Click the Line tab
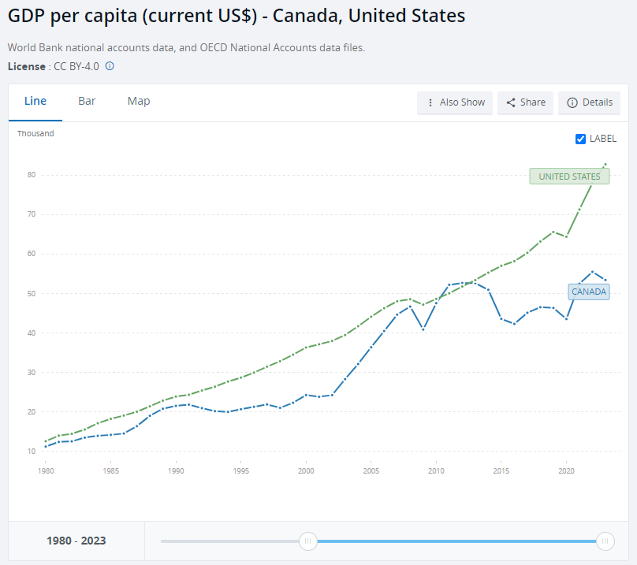[35, 102]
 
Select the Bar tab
[87, 102]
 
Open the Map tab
[139, 102]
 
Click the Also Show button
[455, 102]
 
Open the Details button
[589, 102]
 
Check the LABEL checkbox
[581, 139]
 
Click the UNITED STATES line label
[569, 177]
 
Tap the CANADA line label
[589, 292]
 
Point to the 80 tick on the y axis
[31, 175]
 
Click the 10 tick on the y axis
[31, 452]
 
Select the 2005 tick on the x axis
[371, 470]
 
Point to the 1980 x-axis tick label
[47, 470]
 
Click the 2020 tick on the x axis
[565, 470]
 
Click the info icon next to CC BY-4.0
[110, 66]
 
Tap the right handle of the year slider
[605, 541]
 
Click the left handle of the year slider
[308, 541]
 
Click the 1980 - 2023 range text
[76, 541]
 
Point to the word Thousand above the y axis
[36, 134]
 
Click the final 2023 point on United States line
[605, 164]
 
